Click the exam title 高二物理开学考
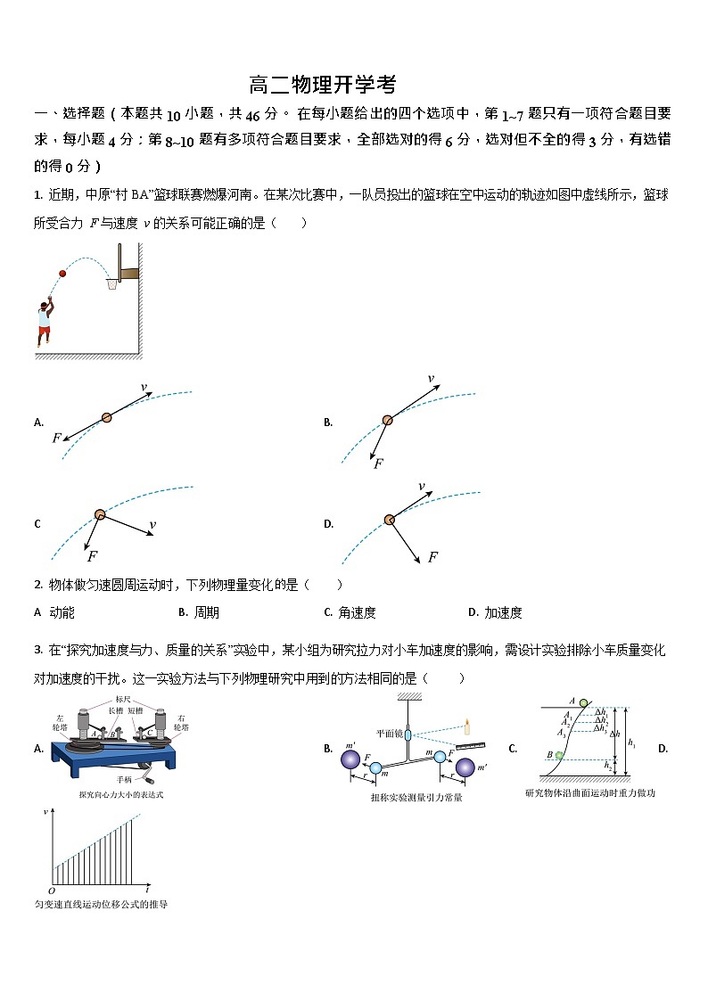click(x=322, y=86)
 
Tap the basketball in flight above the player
click(x=62, y=274)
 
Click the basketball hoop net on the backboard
click(x=112, y=284)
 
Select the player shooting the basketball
click(x=43, y=321)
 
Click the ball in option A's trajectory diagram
click(x=106, y=416)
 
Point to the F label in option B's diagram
click(x=378, y=464)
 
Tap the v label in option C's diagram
click(x=152, y=525)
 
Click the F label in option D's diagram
click(x=432, y=557)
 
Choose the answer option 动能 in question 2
click(x=62, y=612)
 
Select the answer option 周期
click(x=206, y=612)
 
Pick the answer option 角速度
click(x=356, y=612)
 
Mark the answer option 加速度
click(x=503, y=612)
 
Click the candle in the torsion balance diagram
click(x=466, y=726)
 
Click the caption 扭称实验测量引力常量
click(x=416, y=797)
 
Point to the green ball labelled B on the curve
click(x=559, y=756)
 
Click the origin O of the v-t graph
click(x=51, y=890)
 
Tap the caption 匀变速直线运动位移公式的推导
click(x=101, y=905)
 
